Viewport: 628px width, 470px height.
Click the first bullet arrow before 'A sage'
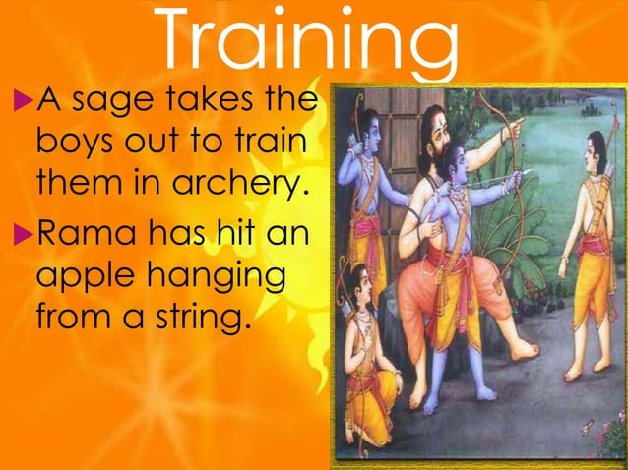tap(20, 99)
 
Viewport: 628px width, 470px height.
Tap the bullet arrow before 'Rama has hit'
tap(20, 236)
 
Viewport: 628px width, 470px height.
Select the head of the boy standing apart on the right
tap(595, 150)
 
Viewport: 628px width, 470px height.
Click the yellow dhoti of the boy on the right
tap(597, 275)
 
